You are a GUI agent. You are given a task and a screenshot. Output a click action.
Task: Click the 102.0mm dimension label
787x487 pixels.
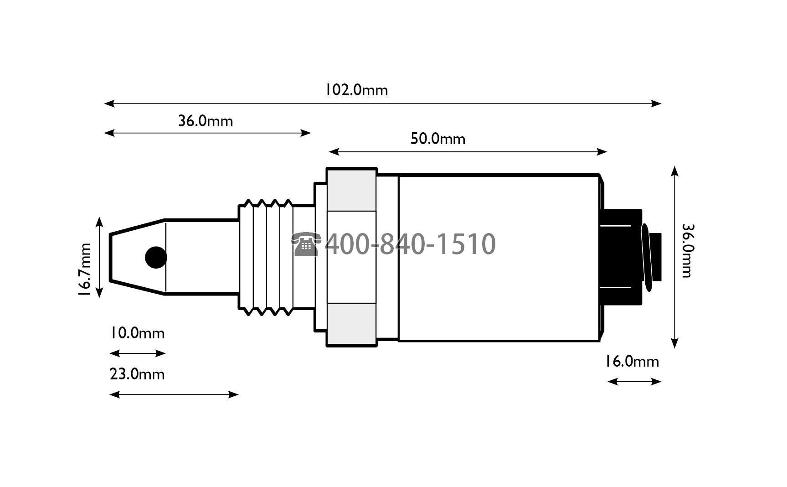coord(356,90)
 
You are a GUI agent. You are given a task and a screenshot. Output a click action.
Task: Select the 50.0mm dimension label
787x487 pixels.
coord(438,139)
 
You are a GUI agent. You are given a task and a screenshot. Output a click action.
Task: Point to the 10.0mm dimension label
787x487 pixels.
coord(137,333)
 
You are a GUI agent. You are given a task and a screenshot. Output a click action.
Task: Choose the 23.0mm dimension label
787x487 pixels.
coord(137,374)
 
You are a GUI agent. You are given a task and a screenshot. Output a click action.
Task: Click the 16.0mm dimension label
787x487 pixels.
coord(632,362)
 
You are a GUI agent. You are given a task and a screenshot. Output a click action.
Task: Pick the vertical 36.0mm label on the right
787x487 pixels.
coord(687,250)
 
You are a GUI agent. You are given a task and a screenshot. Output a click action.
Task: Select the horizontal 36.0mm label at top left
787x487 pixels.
coord(206,121)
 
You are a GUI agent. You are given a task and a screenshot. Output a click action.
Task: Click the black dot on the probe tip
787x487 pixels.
coord(156,258)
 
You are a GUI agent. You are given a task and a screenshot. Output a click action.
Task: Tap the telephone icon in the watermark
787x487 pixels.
coord(306,244)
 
